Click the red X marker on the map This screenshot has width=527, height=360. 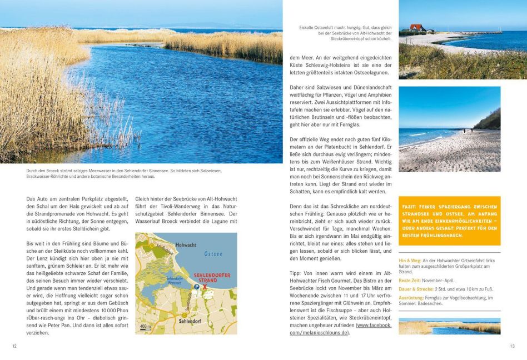tap(205, 287)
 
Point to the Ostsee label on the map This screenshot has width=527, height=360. tap(213, 254)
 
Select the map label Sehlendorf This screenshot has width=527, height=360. tap(190, 321)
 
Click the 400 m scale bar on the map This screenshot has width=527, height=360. tap(145, 327)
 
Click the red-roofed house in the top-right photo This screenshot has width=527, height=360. tap(416, 28)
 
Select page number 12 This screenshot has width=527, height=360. tap(14, 346)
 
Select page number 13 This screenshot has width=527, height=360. tap(512, 346)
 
